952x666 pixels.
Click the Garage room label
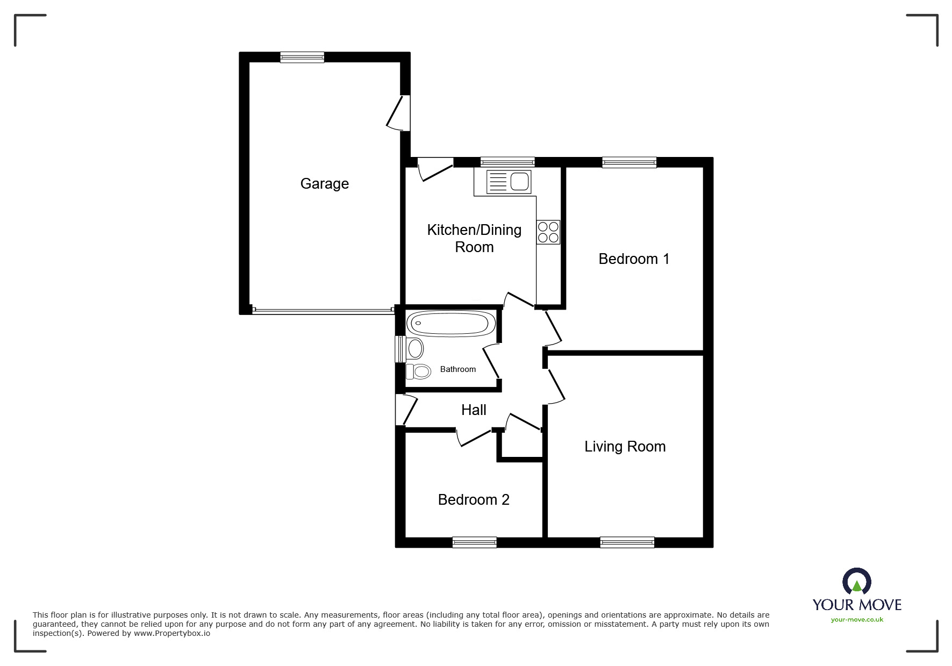click(x=325, y=184)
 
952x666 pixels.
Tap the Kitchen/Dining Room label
click(x=474, y=238)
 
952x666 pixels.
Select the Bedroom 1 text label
click(x=634, y=259)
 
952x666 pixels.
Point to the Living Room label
click(x=625, y=447)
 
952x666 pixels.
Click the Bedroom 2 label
click(x=474, y=500)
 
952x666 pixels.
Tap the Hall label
click(x=474, y=410)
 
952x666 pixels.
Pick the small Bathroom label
click(x=458, y=369)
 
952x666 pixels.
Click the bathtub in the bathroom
click(x=451, y=324)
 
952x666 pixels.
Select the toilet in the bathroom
click(x=418, y=371)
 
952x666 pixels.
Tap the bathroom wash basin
click(x=415, y=348)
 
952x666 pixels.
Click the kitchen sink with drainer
click(x=508, y=182)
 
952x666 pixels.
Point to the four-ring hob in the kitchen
click(x=548, y=232)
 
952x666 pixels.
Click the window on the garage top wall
click(x=302, y=57)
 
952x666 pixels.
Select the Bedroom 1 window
click(x=629, y=162)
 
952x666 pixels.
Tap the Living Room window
click(x=627, y=542)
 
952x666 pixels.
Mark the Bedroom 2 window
click(x=475, y=542)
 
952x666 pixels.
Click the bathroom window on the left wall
click(x=400, y=349)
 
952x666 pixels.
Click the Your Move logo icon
click(x=856, y=582)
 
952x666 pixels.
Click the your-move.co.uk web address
click(x=857, y=620)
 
